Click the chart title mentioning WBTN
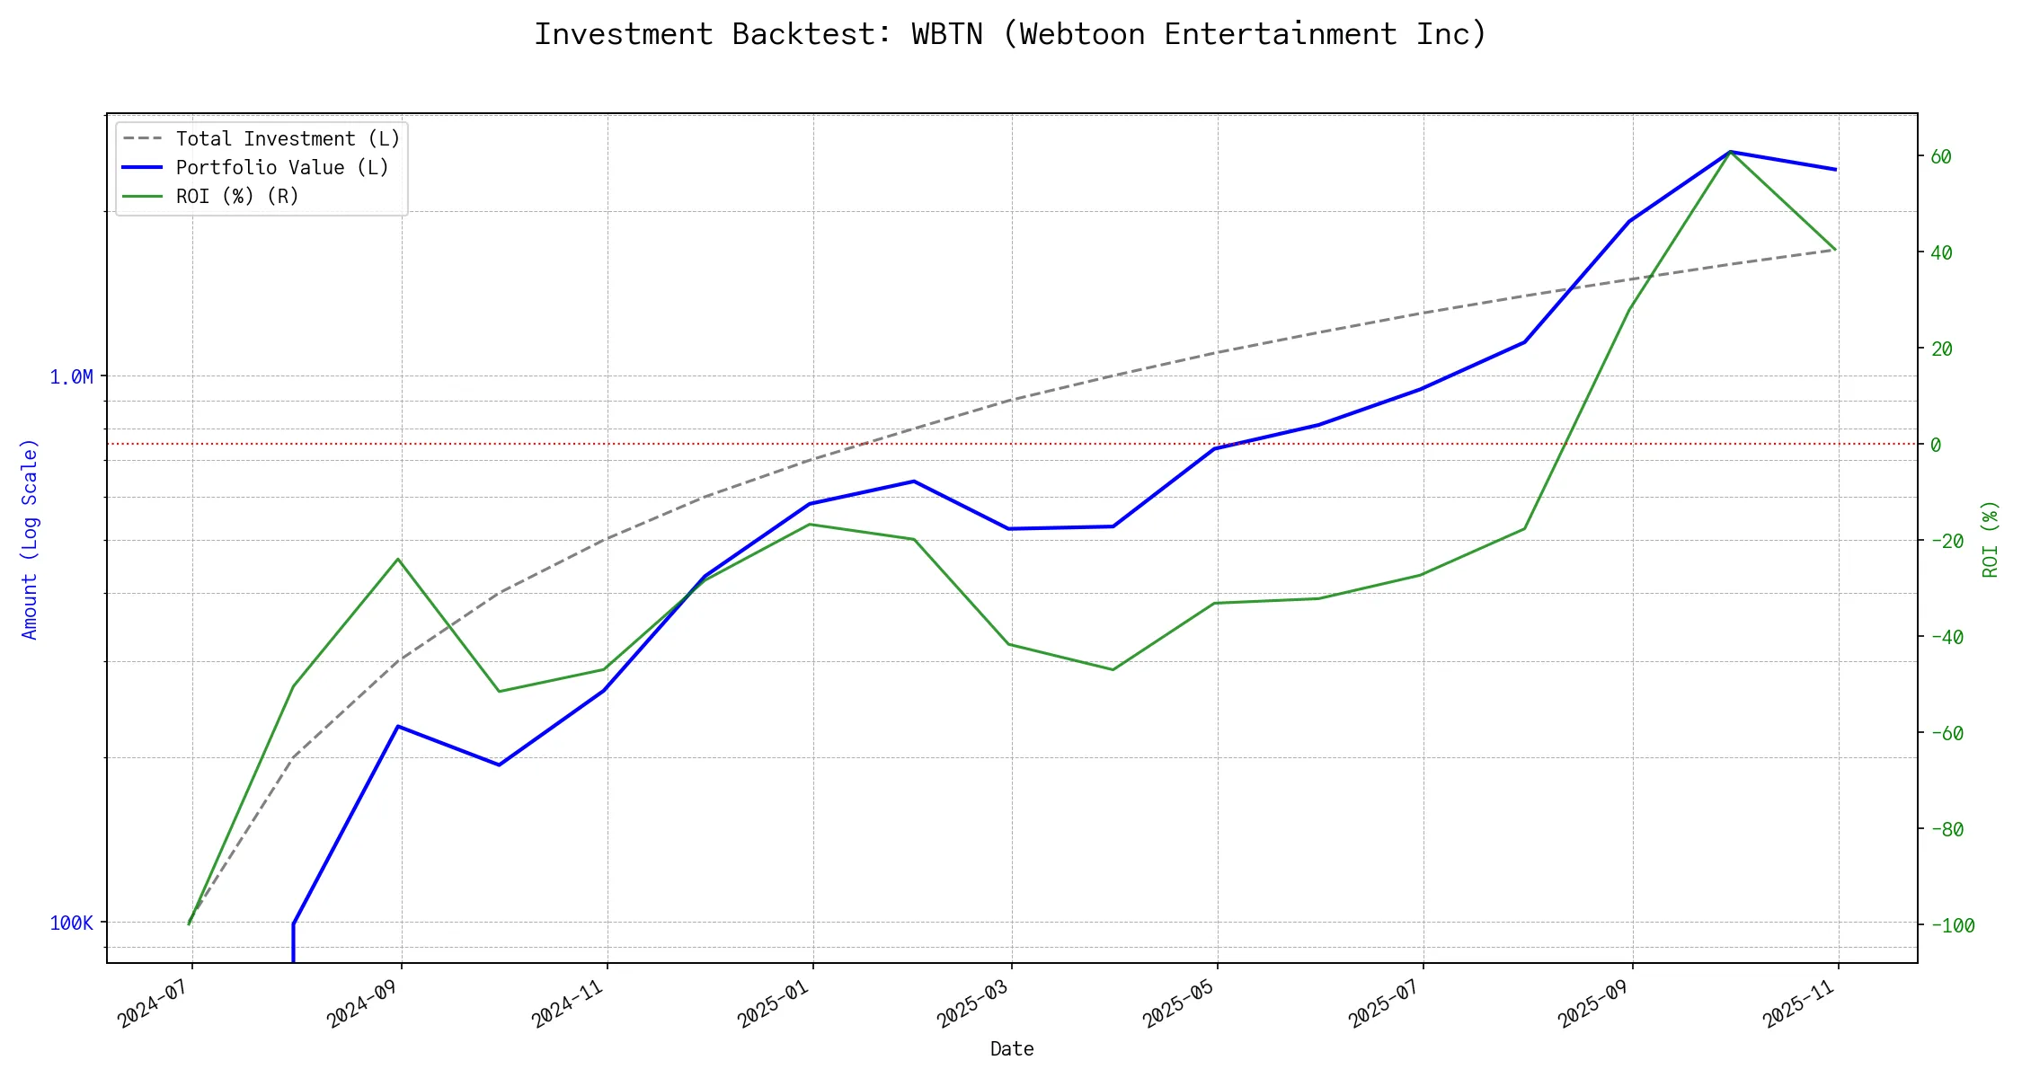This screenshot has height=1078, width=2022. pos(1011,34)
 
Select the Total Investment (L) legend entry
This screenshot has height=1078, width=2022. pos(288,139)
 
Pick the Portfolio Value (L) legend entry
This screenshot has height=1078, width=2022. pos(282,168)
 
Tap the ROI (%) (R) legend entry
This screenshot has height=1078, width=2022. pos(237,197)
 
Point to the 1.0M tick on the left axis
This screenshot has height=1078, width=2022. pos(71,377)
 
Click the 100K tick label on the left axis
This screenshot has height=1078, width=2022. pos(71,923)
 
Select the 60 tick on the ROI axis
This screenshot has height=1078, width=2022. pos(1941,157)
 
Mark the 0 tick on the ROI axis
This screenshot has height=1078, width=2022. pos(1936,446)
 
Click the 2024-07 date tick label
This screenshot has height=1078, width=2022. pos(153,1004)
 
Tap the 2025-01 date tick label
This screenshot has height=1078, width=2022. pos(774,1004)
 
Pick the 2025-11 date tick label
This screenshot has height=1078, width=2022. pos(1798,1004)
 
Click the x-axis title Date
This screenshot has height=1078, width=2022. pos(1012,1049)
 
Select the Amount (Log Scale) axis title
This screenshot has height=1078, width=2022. pos(31,539)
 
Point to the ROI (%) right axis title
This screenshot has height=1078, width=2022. pos(1991,539)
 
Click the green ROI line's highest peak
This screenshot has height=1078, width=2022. pos(1730,152)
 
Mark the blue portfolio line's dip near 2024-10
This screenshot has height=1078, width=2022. pos(499,764)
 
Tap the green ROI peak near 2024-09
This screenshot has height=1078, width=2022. pos(398,559)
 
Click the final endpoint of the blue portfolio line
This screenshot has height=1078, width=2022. pos(1835,169)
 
